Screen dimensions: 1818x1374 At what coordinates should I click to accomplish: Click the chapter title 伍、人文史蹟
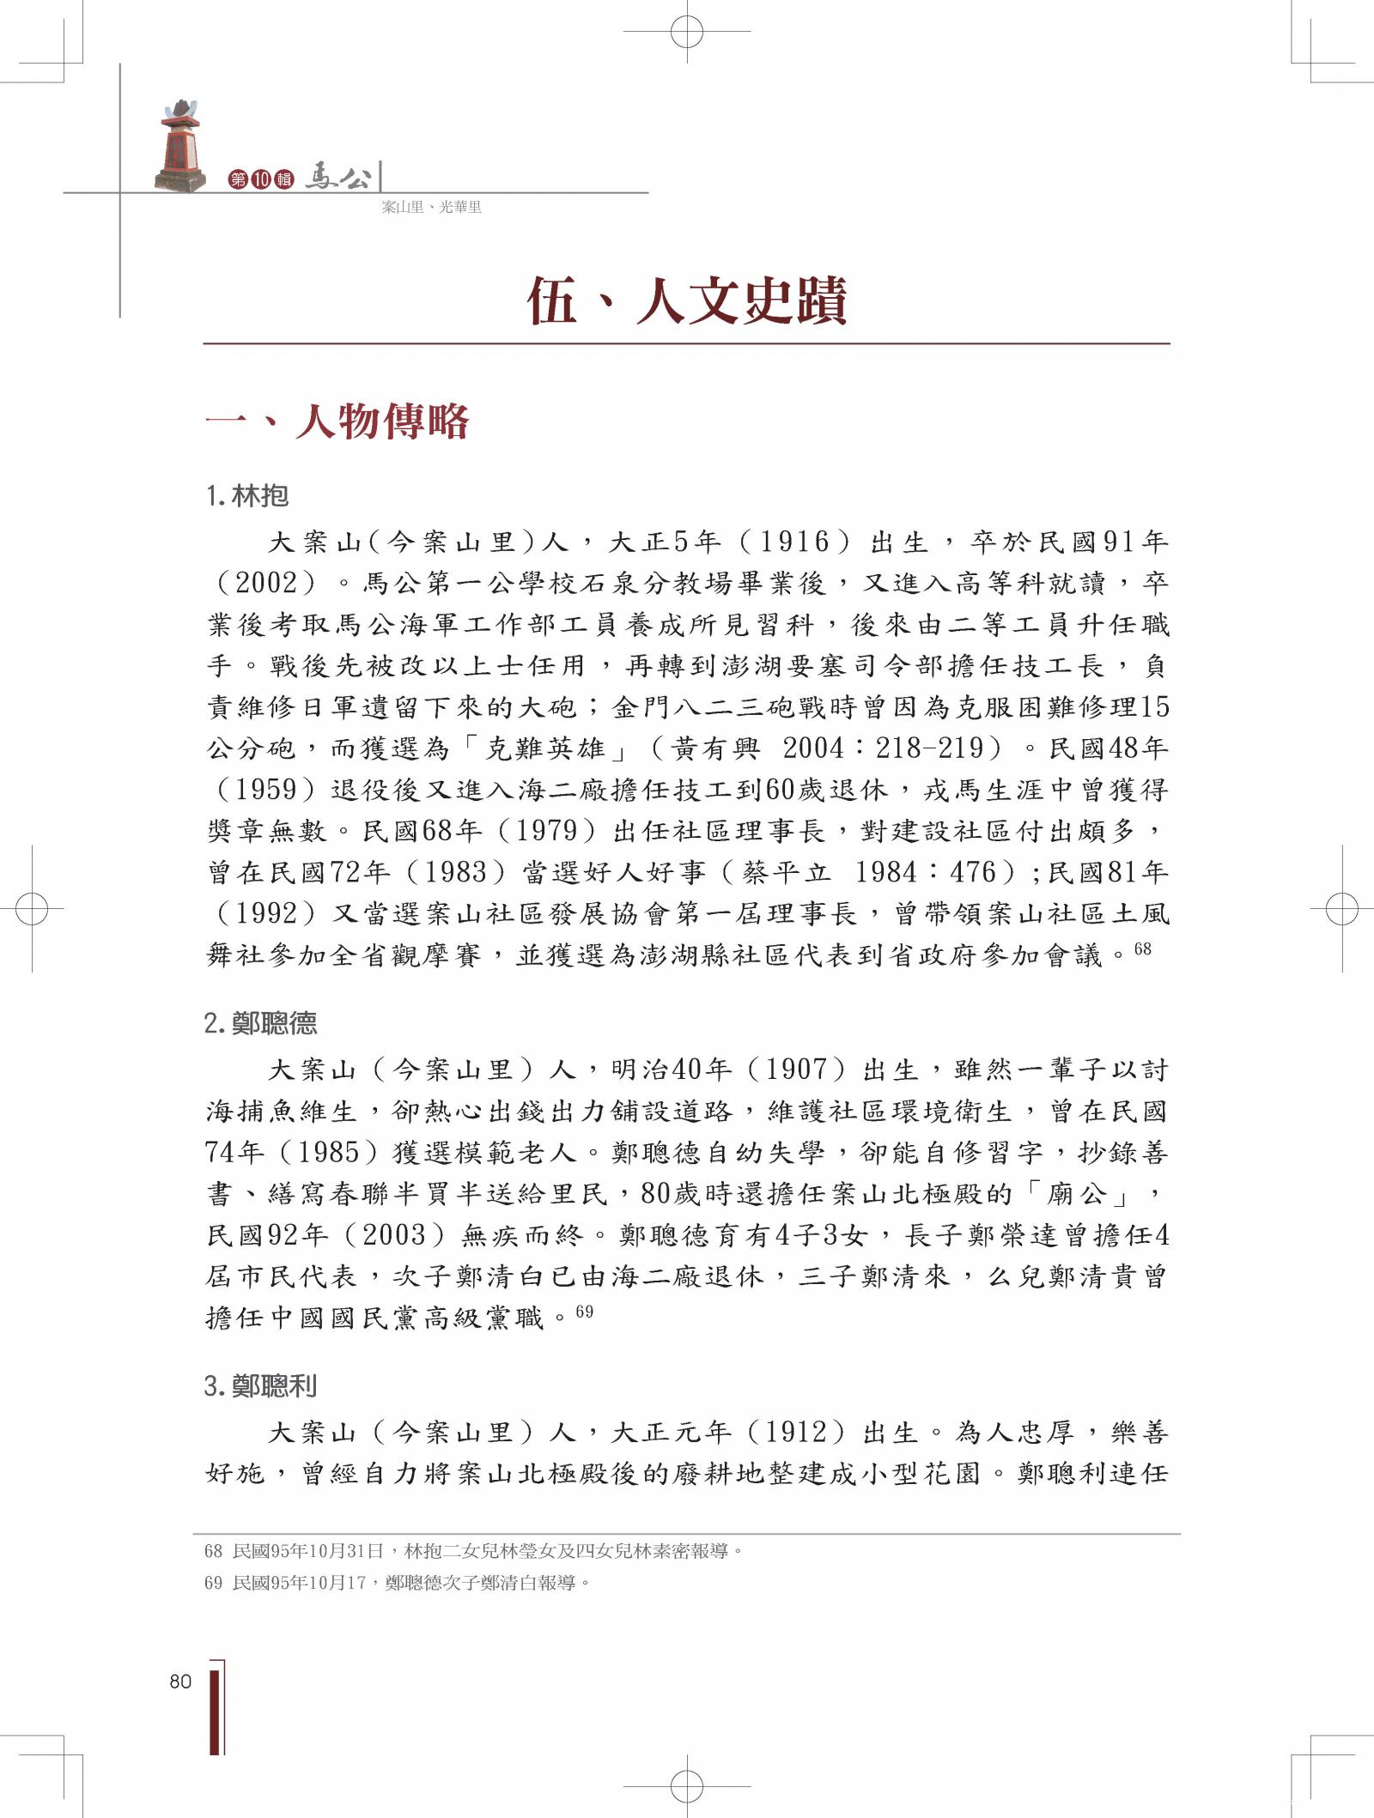[686, 300]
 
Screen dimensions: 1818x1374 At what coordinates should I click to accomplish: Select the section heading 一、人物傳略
[337, 421]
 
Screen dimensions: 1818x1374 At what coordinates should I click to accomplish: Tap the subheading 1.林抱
[247, 496]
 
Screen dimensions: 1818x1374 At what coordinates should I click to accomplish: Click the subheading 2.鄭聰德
[261, 1023]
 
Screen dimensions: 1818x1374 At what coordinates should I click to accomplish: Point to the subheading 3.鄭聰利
[261, 1386]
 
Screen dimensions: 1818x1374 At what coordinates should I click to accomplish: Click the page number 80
[180, 1682]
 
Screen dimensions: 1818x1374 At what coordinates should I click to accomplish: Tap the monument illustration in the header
[181, 147]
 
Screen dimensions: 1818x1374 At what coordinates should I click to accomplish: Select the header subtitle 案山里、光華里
[431, 207]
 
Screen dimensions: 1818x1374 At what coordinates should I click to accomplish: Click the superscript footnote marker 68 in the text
[1142, 948]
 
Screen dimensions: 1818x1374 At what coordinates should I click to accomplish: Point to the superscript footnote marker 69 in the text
[584, 1312]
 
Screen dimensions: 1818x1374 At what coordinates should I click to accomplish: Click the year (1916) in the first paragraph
[794, 542]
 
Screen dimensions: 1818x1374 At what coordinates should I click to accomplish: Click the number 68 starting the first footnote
[213, 1551]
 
